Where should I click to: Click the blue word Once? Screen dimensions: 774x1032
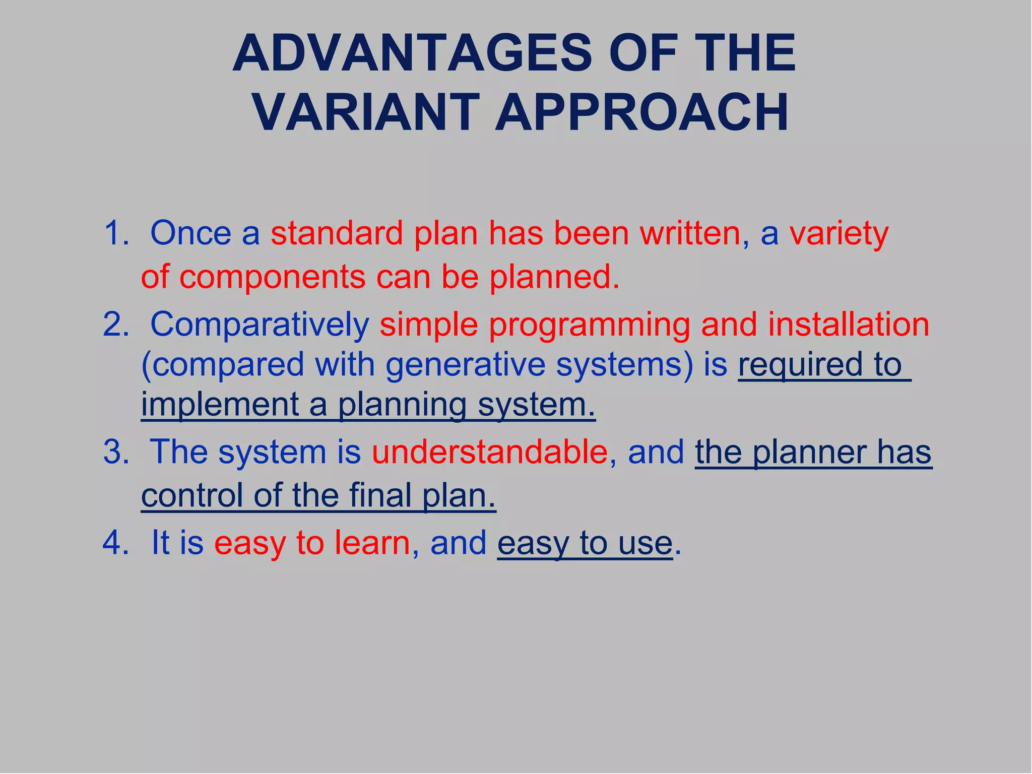pos(190,233)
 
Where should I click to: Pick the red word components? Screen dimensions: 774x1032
pos(272,277)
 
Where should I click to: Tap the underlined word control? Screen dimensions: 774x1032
pos(192,495)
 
